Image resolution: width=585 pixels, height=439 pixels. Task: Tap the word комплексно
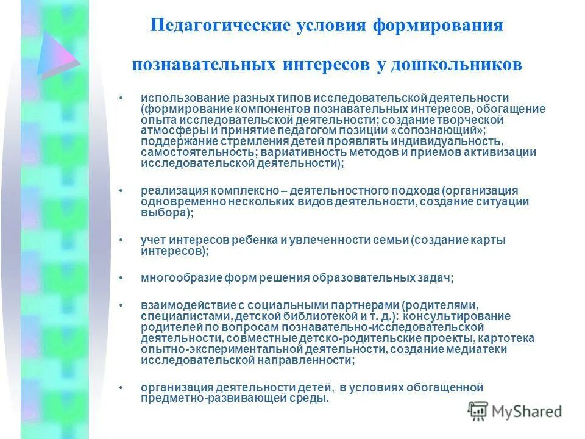point(236,191)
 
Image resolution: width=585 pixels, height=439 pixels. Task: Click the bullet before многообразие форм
point(122,278)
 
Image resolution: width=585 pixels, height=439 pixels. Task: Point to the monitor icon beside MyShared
point(478,412)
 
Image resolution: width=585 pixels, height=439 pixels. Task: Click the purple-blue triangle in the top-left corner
point(55,55)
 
